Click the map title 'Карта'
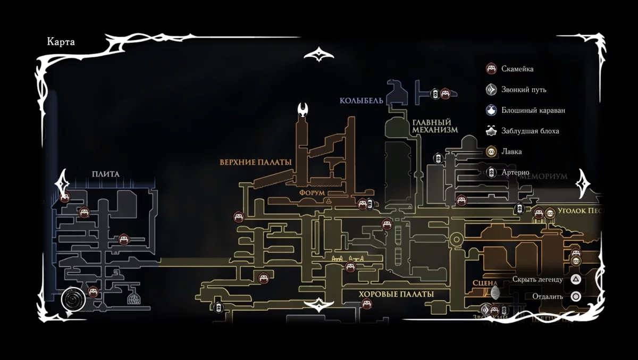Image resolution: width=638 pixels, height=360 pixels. click(61, 43)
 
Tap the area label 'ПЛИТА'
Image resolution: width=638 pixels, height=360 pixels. click(105, 174)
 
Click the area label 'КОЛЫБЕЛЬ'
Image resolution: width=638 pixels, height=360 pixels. click(362, 101)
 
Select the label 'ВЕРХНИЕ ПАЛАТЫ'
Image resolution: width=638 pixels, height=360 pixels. click(256, 162)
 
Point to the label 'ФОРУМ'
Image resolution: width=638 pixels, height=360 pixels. click(312, 192)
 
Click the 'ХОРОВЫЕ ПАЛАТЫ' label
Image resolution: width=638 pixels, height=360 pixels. click(396, 294)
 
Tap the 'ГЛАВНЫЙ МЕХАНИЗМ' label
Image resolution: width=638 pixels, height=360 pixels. click(435, 126)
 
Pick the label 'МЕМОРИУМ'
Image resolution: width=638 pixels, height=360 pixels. click(543, 176)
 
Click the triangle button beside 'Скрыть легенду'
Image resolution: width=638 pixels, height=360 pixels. click(575, 279)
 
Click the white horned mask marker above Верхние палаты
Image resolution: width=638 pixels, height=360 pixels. click(304, 111)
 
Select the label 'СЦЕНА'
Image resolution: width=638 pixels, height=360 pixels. click(484, 283)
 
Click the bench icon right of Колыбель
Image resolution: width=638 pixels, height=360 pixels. click(446, 94)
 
